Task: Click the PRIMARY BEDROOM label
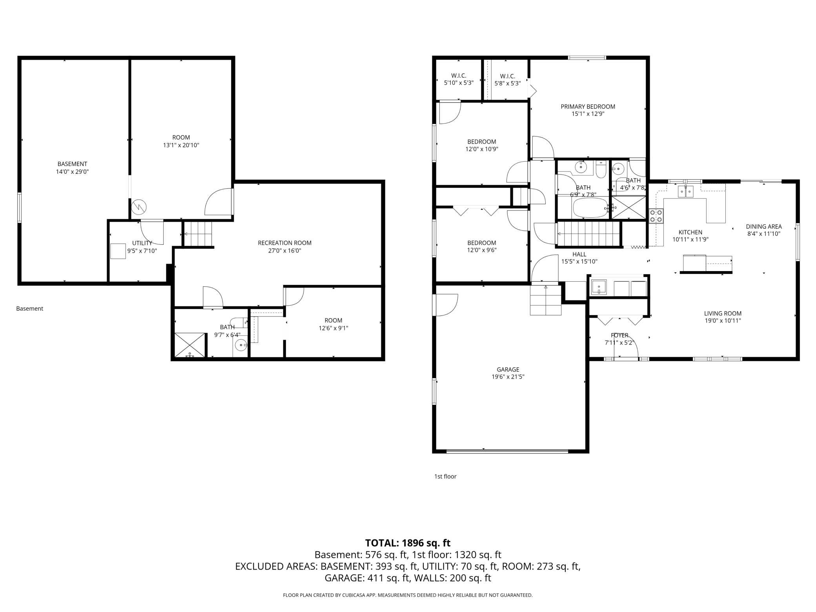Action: pos(588,106)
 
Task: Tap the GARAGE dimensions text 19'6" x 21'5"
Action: pos(508,377)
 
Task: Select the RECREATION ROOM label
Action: pos(284,243)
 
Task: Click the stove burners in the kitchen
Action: pos(656,216)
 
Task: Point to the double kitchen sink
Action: pos(685,191)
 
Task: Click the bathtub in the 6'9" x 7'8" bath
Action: pos(590,208)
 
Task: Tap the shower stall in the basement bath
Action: pos(190,345)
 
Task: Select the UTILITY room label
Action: pos(142,243)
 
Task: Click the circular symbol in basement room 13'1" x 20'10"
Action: pos(139,206)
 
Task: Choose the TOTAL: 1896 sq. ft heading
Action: pos(408,543)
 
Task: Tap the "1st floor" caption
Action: pos(445,476)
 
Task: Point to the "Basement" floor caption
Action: pos(29,308)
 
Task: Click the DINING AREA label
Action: pos(763,226)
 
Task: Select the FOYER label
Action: pos(619,335)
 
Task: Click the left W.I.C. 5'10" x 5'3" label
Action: pos(459,76)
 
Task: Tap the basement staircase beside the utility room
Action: pos(199,234)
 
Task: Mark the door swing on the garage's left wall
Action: pos(446,305)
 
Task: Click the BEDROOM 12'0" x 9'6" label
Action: pos(481,243)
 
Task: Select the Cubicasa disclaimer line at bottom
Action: pos(408,595)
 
